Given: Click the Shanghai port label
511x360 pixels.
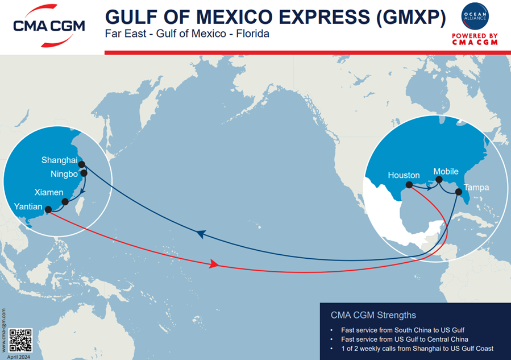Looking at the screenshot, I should coord(59,160).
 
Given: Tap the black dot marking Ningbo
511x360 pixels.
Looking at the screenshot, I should coord(84,173).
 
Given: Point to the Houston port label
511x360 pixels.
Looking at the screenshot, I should coord(404,175).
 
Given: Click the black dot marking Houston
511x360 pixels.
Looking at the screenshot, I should coord(409,185).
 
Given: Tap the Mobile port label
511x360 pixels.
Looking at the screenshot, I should coord(446,171).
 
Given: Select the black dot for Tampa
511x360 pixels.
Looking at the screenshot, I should coord(459,192).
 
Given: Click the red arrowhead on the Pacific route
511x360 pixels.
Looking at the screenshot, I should coord(214,264).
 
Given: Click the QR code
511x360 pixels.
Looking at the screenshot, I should coord(22,340).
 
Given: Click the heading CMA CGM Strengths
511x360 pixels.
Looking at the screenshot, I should coord(373,315).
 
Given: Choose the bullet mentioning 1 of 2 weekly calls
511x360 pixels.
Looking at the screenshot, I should coord(417,348).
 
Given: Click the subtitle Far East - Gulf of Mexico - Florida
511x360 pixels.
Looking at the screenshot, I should coord(187,34).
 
